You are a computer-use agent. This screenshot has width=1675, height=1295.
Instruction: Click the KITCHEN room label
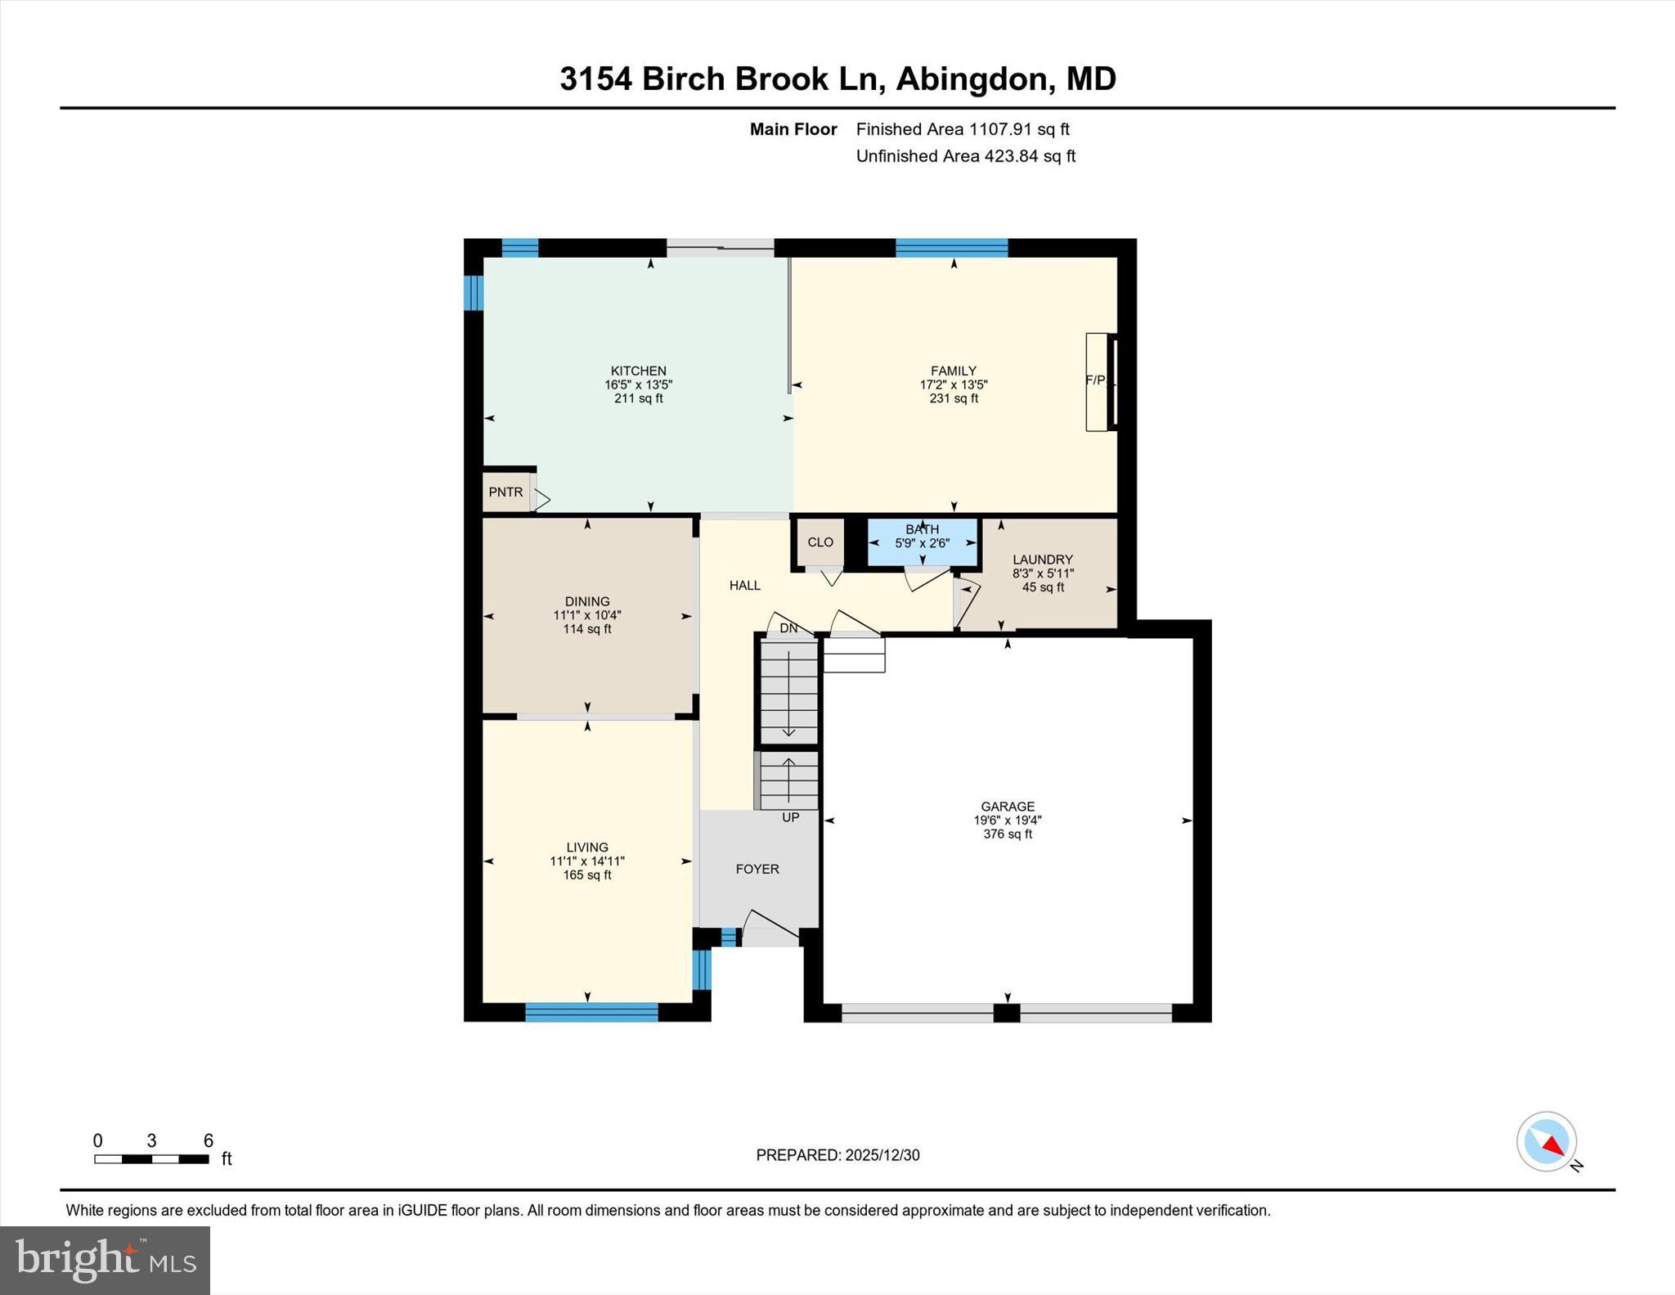pos(638,371)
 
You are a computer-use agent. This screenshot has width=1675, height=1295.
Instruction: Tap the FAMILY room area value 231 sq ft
pos(954,398)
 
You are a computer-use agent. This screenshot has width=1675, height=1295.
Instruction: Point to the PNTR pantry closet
pos(506,492)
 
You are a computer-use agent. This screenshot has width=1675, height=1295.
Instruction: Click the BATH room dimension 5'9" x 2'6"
pos(922,543)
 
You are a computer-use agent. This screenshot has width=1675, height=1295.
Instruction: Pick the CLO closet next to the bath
pos(820,542)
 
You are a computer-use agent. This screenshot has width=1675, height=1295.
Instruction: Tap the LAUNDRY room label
pos(1042,560)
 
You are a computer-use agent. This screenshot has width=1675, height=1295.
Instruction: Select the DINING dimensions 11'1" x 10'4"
pos(587,615)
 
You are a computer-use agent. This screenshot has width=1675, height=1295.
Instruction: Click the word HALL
pos(745,585)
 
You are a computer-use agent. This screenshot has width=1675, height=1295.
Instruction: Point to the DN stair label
pos(788,628)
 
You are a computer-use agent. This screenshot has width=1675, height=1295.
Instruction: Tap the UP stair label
pos(790,817)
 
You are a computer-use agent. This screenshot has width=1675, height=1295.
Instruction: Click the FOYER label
pos(757,869)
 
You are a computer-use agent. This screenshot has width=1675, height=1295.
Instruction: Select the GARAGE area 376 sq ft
pos(1008,834)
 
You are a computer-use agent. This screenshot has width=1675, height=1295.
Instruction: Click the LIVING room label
pos(587,847)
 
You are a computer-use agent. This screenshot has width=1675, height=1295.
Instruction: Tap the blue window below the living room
pos(591,1013)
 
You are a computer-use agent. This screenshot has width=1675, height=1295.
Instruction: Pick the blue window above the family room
pos(951,247)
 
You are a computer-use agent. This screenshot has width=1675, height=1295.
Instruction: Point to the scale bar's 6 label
pos(209,1140)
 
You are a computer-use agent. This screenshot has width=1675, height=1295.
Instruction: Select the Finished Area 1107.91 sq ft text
pos(963,129)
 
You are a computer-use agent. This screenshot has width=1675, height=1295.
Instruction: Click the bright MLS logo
pos(105,1259)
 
